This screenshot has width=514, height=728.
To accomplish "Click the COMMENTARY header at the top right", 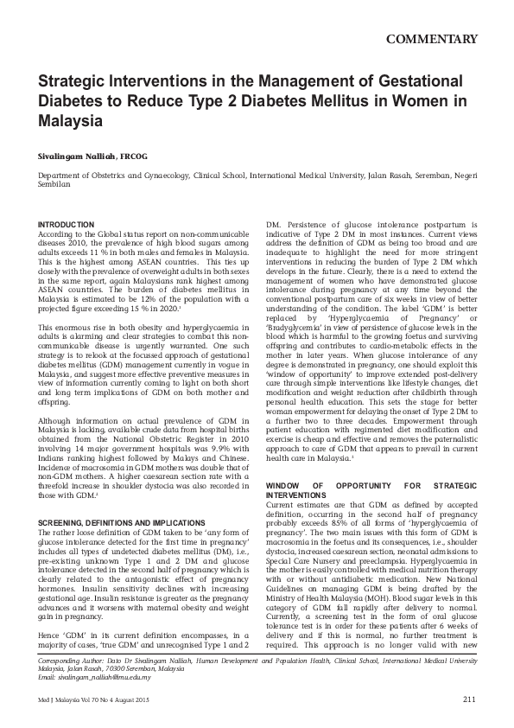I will (432, 40).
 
